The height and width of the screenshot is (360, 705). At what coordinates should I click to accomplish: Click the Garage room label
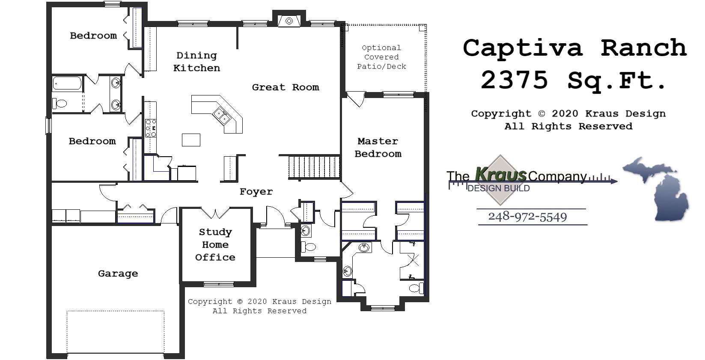118,274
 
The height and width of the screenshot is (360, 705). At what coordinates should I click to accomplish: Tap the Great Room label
285,87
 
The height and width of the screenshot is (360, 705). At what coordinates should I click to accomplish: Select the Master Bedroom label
378,147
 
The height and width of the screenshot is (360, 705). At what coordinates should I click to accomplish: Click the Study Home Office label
215,244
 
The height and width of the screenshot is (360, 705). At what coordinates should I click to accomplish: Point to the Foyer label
256,191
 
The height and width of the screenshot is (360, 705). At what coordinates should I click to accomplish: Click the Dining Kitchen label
196,62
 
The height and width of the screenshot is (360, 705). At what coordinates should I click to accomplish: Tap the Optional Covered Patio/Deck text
381,57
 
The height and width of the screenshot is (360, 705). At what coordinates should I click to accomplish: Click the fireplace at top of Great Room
289,21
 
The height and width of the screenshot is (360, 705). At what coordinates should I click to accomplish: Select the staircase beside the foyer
314,167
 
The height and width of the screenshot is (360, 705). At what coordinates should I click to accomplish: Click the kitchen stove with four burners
151,128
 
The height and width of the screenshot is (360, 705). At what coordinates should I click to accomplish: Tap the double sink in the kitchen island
222,116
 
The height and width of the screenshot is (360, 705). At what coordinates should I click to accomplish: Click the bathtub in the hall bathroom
67,83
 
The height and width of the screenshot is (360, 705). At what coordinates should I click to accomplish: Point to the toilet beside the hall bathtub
60,103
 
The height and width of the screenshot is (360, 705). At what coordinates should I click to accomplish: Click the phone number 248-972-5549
527,217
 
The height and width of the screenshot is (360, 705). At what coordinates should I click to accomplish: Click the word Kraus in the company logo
500,175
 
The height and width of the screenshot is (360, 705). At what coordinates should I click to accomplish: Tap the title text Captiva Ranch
574,48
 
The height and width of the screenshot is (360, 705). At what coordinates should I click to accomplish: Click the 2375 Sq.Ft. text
574,80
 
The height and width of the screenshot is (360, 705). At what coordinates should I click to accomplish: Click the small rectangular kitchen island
191,140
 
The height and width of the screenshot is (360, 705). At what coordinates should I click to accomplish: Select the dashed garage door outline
116,332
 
